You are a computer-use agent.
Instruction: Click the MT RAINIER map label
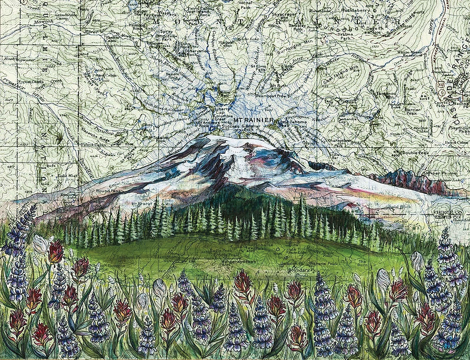point(254,120)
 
